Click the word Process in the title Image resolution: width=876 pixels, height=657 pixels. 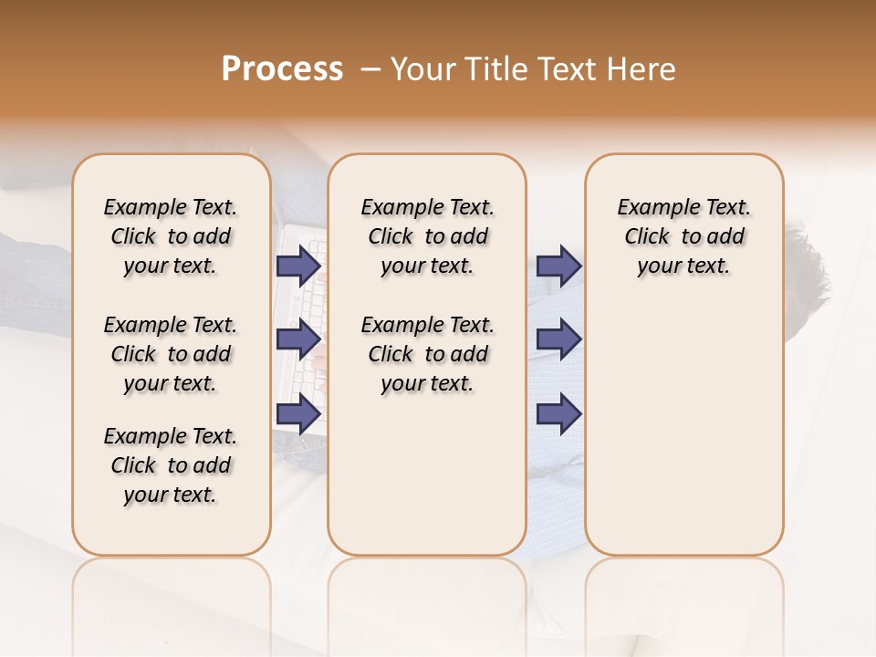click(x=282, y=69)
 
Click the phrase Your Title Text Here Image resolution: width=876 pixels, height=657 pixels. click(x=533, y=69)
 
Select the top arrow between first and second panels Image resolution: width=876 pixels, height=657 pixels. click(x=298, y=266)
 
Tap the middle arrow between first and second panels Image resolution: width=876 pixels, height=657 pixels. click(x=298, y=339)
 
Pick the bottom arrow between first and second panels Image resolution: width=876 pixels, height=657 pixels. click(x=298, y=414)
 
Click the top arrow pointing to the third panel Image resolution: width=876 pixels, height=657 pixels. click(x=558, y=266)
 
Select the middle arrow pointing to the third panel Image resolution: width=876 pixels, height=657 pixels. click(x=558, y=339)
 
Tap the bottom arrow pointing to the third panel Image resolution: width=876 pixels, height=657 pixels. click(x=558, y=414)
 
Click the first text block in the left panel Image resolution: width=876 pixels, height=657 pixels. click(x=171, y=236)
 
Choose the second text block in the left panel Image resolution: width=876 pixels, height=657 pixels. click(x=171, y=354)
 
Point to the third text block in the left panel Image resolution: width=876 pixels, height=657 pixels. click(x=171, y=465)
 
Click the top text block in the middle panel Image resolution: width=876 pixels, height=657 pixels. click(x=427, y=236)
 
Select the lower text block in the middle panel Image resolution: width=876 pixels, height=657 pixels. click(x=427, y=354)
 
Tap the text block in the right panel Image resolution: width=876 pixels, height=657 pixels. click(x=683, y=236)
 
